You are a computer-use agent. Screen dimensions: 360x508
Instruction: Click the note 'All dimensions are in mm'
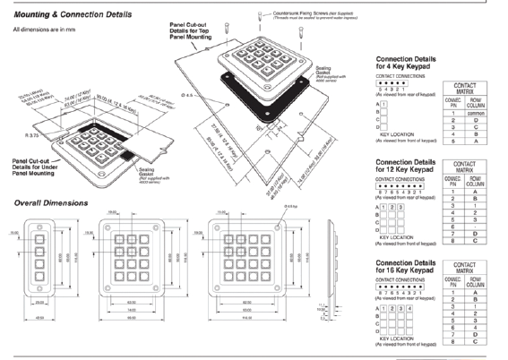pos(42,30)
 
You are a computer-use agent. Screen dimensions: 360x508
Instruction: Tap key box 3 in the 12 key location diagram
pos(400,207)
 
